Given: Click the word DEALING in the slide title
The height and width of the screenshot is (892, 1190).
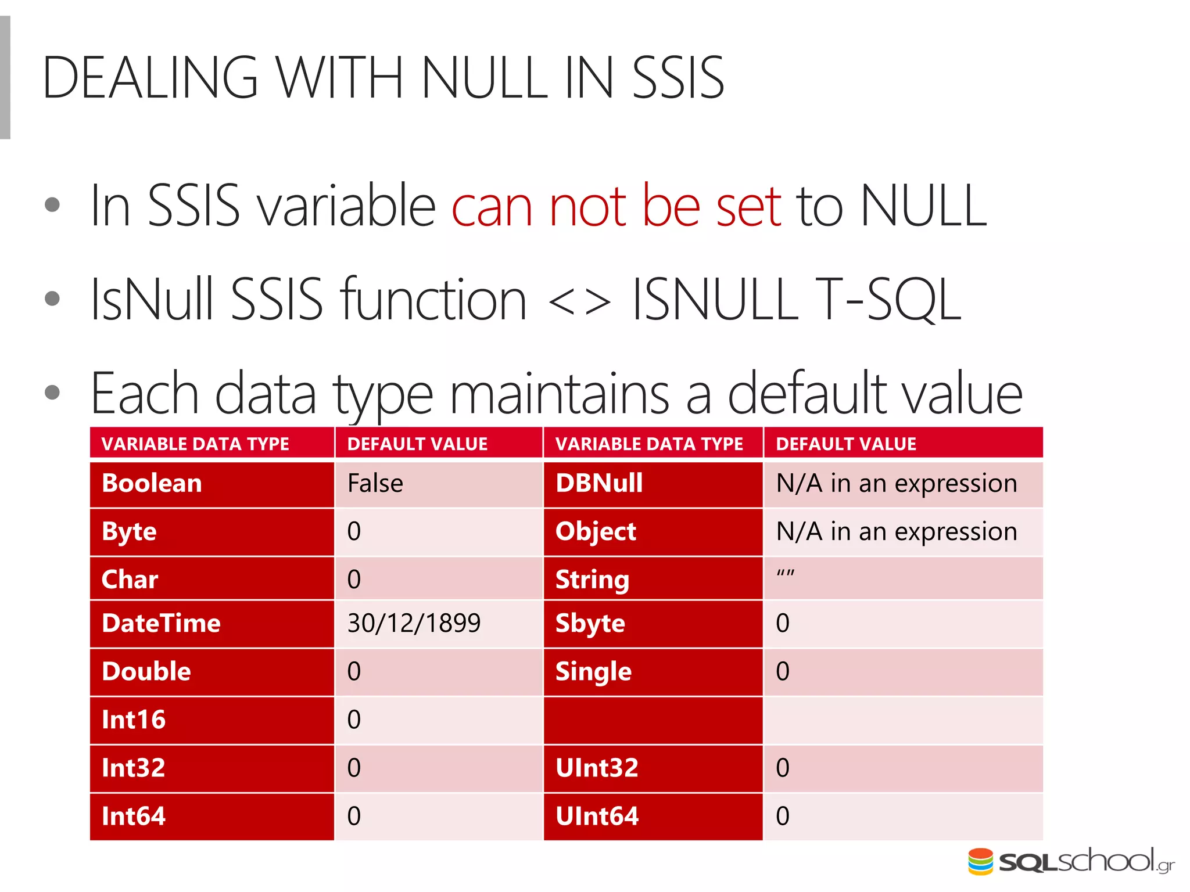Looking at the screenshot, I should point(150,78).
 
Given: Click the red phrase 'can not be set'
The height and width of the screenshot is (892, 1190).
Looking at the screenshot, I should point(616,206).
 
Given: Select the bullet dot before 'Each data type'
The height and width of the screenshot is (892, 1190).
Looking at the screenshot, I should point(52,393).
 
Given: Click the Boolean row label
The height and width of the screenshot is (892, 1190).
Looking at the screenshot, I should point(152,484).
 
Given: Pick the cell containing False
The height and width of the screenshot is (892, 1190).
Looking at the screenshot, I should point(375,484).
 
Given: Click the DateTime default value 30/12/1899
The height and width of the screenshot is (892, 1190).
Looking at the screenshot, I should point(414,624).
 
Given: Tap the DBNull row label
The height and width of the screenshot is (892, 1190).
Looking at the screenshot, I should point(598,484).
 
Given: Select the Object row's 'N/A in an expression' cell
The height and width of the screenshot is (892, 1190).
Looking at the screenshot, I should point(896,532).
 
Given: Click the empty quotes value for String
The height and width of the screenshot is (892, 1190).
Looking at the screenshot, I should point(785,574).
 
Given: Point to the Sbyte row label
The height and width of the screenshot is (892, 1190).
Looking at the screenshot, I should point(590,624).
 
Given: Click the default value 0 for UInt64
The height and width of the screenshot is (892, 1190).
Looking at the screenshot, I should point(782,817).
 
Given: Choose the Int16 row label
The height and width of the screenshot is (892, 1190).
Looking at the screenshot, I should point(134,720).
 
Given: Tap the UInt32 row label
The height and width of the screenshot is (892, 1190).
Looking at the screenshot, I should point(597,768).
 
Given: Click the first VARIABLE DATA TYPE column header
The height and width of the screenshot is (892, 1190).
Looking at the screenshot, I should point(195,444).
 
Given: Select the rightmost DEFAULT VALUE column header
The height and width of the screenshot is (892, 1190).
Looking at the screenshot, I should point(845,444).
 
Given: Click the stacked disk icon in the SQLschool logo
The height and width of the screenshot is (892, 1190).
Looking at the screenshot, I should point(980,862).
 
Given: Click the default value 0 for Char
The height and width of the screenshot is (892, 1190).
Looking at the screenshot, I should point(354,580).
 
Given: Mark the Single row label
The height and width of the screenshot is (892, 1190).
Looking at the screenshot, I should point(593,672).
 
